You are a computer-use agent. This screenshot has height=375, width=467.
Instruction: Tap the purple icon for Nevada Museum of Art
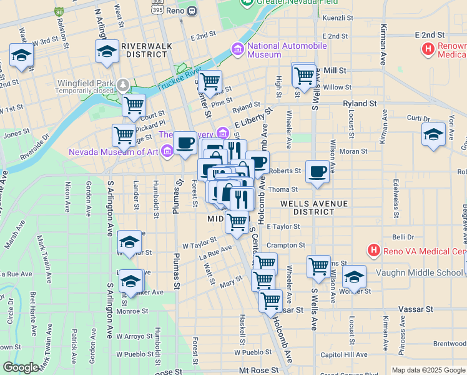click(x=167, y=151)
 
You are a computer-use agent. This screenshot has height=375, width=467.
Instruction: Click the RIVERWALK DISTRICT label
click(x=145, y=50)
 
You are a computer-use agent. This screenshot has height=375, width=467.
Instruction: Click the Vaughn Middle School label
click(x=419, y=273)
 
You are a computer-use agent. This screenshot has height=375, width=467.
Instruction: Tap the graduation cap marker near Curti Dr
click(x=433, y=135)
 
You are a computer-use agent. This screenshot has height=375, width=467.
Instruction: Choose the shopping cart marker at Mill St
click(x=304, y=76)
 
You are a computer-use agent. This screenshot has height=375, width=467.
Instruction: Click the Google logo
click(x=21, y=367)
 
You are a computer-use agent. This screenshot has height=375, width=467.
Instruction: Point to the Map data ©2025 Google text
click(x=428, y=370)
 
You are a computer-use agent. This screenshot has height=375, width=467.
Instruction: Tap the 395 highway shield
click(x=159, y=11)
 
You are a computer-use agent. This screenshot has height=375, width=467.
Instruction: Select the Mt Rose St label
click(x=258, y=370)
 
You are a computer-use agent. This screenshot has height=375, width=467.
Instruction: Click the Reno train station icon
click(x=192, y=10)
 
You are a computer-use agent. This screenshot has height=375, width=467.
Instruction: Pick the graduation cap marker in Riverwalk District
click(x=107, y=52)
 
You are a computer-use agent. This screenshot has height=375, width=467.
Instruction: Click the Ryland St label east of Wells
click(x=360, y=103)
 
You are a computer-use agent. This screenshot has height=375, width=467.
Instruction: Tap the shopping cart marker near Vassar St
click(x=270, y=302)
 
